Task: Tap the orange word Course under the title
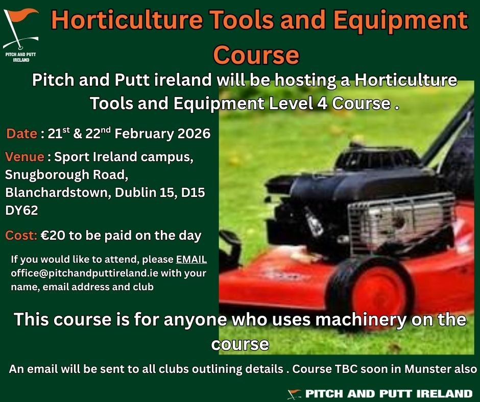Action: tap(256, 55)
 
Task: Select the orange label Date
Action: tap(22, 134)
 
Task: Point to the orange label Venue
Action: tap(25, 157)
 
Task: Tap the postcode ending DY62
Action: tap(21, 211)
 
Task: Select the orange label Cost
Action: tap(21, 236)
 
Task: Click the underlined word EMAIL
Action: tap(191, 260)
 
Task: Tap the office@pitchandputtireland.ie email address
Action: tap(84, 273)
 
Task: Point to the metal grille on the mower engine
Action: tap(401, 220)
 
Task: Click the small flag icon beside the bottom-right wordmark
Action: tap(294, 394)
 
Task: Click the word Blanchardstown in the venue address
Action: tap(57, 193)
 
